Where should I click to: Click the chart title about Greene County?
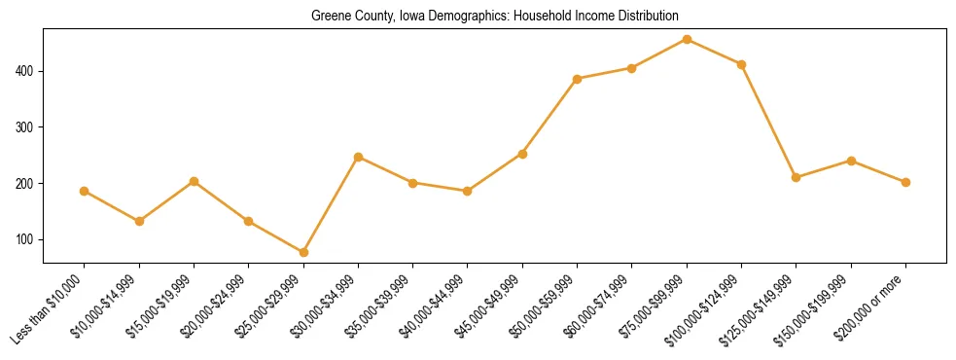tap(495, 17)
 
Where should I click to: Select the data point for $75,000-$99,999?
tap(687, 40)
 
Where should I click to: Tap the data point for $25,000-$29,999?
tap(303, 252)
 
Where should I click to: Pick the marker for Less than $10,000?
tap(85, 191)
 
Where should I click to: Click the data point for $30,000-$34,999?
tap(358, 157)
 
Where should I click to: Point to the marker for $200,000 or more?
tap(905, 182)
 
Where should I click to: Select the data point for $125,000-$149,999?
tap(797, 177)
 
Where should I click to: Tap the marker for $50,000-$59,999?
tap(578, 79)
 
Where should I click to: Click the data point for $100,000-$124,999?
tap(741, 64)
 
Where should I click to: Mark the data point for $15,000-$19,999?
tap(195, 181)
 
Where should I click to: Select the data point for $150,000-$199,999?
tap(851, 161)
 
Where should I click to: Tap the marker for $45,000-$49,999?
tap(522, 154)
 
